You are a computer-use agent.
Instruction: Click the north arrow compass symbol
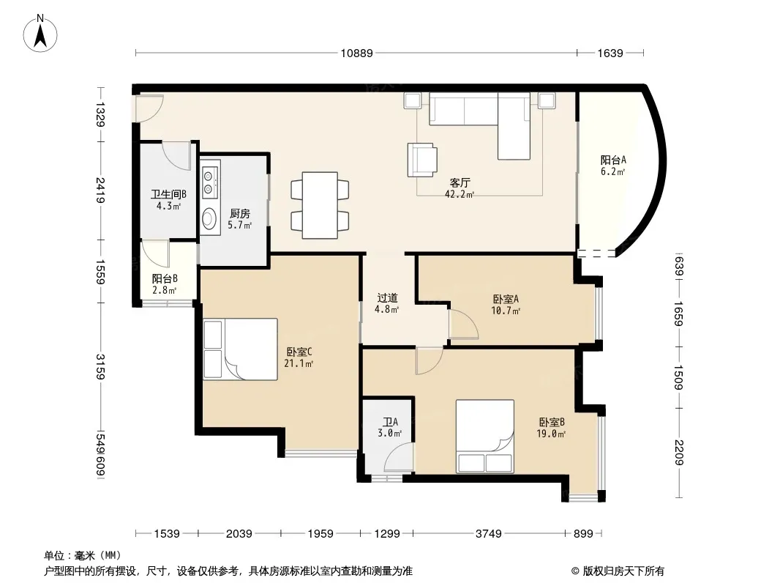pyautogui.click(x=40, y=34)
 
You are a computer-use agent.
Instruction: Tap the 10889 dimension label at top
pyautogui.click(x=356, y=53)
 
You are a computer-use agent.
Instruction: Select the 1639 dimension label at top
pyautogui.click(x=610, y=53)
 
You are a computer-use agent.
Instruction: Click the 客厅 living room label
pyautogui.click(x=460, y=182)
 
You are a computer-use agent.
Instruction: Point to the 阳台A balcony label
pyautogui.click(x=613, y=160)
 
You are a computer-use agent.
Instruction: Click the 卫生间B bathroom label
pyautogui.click(x=168, y=194)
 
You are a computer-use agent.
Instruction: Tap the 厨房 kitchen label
pyautogui.click(x=240, y=214)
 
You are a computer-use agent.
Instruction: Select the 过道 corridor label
pyautogui.click(x=387, y=297)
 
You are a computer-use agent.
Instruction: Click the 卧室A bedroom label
pyautogui.click(x=506, y=299)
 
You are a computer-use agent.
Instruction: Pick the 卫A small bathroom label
pyautogui.click(x=390, y=422)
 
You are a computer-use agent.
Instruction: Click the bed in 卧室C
pyautogui.click(x=240, y=349)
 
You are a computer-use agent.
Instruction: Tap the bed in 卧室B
pyautogui.click(x=485, y=436)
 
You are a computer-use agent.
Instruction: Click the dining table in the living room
pyautogui.click(x=320, y=205)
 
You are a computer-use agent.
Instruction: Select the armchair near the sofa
pyautogui.click(x=422, y=160)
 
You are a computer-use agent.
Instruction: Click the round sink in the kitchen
pyautogui.click(x=209, y=218)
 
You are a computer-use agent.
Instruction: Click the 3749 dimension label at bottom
pyautogui.click(x=489, y=534)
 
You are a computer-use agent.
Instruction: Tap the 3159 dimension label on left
pyautogui.click(x=100, y=366)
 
